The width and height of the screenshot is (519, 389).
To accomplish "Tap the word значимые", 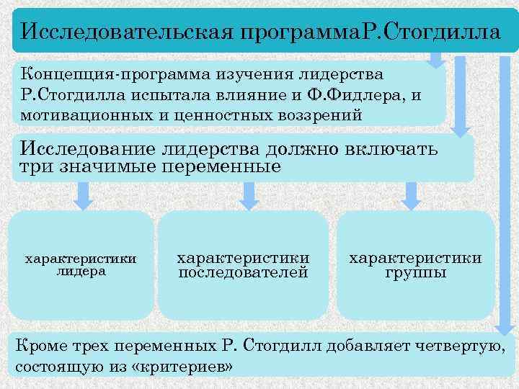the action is tap(111, 167).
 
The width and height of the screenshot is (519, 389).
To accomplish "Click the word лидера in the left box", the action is tap(80, 272).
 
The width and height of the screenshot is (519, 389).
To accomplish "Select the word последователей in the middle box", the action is tap(243, 273).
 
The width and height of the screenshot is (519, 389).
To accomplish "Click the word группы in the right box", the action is tap(416, 273).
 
